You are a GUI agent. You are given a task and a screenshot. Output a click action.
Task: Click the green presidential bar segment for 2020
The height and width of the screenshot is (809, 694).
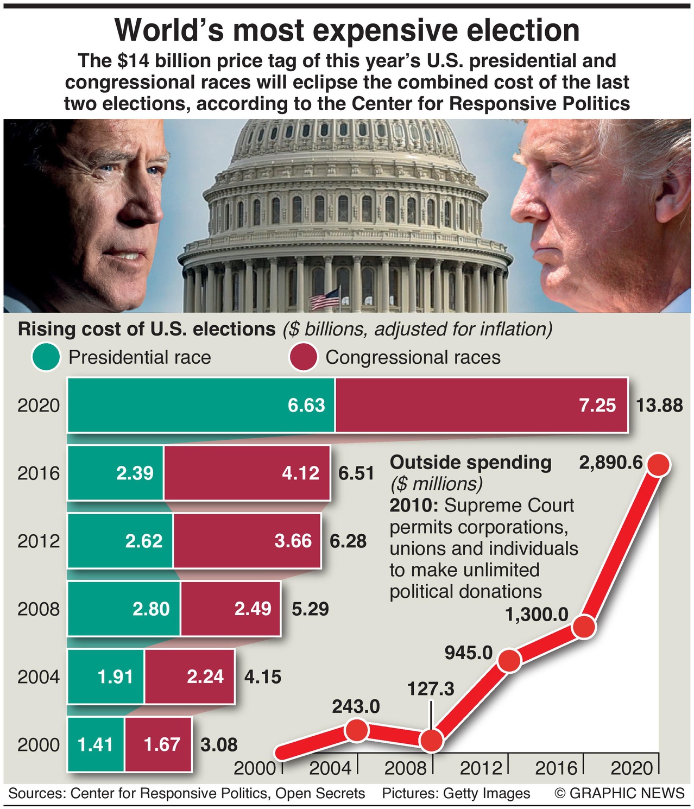click(x=201, y=405)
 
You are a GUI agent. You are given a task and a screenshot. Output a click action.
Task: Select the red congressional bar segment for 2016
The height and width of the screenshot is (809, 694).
click(x=247, y=473)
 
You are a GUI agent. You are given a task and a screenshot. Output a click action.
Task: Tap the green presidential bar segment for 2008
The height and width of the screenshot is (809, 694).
click(x=124, y=609)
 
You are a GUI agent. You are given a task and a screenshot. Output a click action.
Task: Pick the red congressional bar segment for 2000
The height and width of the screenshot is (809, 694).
click(x=158, y=744)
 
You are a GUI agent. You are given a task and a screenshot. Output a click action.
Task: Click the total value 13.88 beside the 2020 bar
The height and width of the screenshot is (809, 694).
click(x=659, y=405)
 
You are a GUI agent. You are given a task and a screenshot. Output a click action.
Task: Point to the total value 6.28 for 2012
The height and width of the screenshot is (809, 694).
click(x=348, y=541)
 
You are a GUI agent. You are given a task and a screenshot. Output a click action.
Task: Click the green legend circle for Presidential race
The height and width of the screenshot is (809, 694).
click(x=46, y=357)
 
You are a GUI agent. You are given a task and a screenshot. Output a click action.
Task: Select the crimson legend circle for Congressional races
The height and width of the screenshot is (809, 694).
click(x=303, y=357)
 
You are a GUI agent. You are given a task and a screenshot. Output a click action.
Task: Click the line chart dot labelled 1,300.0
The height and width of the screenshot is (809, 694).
click(x=584, y=627)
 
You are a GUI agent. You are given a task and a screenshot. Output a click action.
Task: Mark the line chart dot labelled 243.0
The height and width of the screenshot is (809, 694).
click(x=356, y=731)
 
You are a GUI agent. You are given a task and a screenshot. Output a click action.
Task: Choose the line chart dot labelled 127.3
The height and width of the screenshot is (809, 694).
click(x=432, y=740)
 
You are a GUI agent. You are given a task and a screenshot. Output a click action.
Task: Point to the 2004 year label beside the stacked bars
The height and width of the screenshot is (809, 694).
click(x=38, y=677)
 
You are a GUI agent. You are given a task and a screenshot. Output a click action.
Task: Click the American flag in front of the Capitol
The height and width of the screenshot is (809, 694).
click(x=325, y=298)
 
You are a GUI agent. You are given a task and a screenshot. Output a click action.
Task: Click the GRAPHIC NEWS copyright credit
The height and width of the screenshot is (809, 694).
click(x=619, y=793)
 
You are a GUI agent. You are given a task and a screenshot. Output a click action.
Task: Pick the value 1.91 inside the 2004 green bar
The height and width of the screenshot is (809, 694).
click(x=115, y=677)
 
